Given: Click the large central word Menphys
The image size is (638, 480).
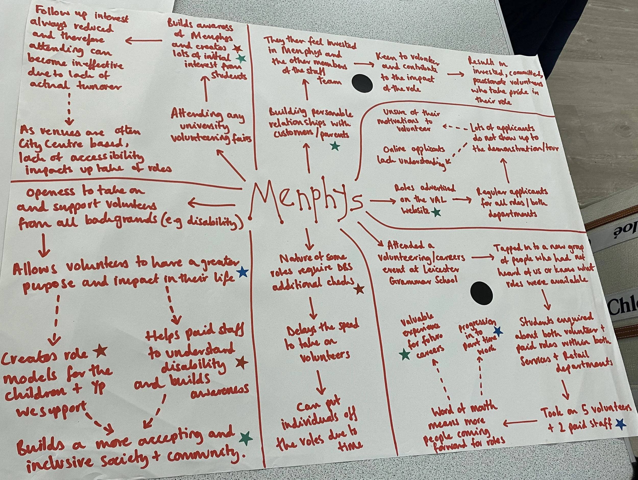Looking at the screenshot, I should point(306,201).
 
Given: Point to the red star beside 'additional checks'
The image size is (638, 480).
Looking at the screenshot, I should point(359,289).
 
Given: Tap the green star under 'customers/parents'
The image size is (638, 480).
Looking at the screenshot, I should point(335,146).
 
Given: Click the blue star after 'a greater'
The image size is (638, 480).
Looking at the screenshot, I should point(242,272).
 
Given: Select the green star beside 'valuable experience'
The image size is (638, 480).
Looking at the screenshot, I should point(406,355).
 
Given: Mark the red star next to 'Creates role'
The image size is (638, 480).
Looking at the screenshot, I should point(100,351).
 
